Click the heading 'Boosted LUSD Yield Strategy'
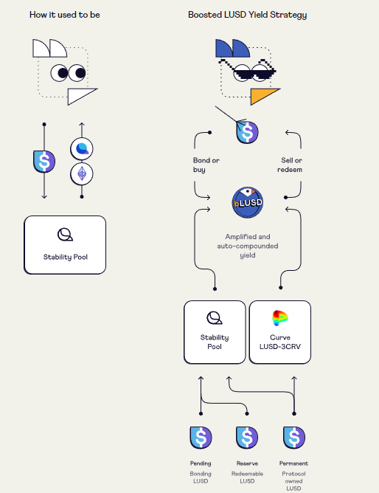click(x=247, y=14)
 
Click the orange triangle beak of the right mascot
click(x=264, y=96)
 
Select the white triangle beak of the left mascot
click(x=81, y=96)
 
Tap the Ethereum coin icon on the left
click(x=82, y=174)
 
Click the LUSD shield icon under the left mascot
click(x=44, y=160)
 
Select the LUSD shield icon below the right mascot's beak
click(x=247, y=132)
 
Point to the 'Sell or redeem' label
click(x=291, y=165)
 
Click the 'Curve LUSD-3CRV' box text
click(x=280, y=342)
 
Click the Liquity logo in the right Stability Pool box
click(x=215, y=317)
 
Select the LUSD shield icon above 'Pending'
click(x=201, y=437)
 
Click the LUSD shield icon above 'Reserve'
click(x=247, y=437)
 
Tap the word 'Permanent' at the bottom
click(x=293, y=463)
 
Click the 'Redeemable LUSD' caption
click(x=247, y=477)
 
